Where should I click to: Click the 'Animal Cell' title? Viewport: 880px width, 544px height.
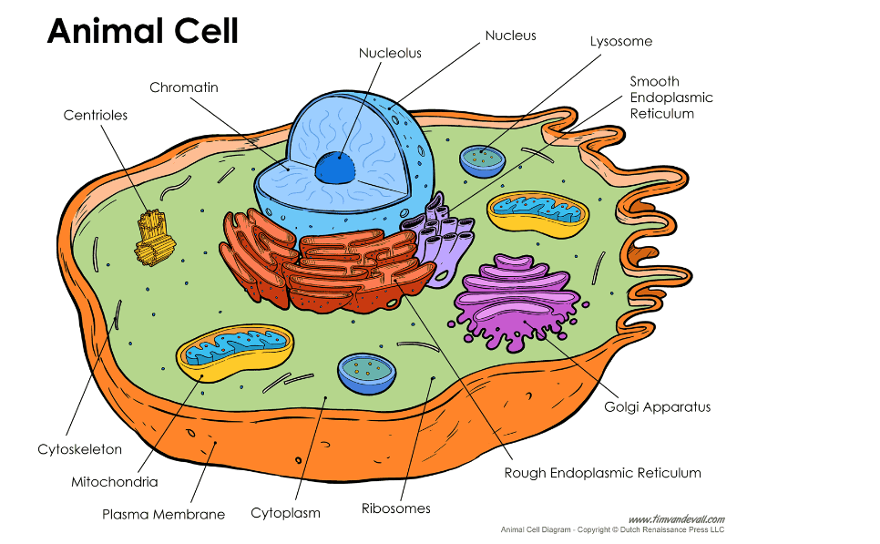point(142,32)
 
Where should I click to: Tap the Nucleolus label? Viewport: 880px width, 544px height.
point(390,53)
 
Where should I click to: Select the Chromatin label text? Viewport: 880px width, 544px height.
point(184,87)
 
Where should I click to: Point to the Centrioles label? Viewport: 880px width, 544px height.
point(96,115)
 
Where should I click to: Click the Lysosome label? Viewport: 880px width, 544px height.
point(621,41)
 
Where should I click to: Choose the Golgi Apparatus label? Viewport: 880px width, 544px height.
point(657,406)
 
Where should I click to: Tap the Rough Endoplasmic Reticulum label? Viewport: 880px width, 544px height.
point(603,472)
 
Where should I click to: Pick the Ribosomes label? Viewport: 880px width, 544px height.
point(395,508)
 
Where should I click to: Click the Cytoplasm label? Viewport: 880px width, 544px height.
point(286,513)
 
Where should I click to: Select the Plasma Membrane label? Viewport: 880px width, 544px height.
point(163,514)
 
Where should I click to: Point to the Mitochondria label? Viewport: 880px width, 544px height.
point(115,481)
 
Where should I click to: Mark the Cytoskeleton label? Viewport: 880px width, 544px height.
point(79,449)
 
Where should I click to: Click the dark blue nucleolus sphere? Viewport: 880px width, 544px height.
point(336,167)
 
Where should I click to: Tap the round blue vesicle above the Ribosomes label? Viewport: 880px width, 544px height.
point(366,372)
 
